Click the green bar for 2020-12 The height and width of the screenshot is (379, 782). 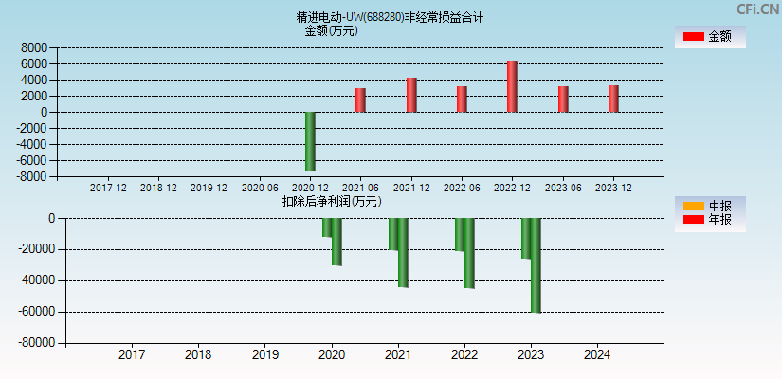point(310,141)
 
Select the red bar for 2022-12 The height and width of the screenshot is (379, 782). point(512,86)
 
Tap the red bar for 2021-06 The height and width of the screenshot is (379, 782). point(360,99)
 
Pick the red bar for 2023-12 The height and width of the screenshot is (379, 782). point(613,99)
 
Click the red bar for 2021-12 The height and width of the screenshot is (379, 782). point(411,95)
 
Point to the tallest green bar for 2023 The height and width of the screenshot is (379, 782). point(536,265)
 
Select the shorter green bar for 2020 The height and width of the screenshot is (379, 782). point(326,227)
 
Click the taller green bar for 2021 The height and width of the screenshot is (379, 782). point(403,252)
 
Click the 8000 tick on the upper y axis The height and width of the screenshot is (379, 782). point(34,47)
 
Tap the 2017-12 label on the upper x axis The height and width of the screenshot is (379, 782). point(108,188)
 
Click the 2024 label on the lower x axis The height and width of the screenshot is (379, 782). point(597,355)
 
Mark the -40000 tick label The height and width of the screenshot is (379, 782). point(38,280)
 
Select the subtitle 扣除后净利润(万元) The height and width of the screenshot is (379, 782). point(332,201)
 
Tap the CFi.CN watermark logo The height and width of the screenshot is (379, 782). point(757,9)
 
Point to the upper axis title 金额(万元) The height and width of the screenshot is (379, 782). point(331,30)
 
